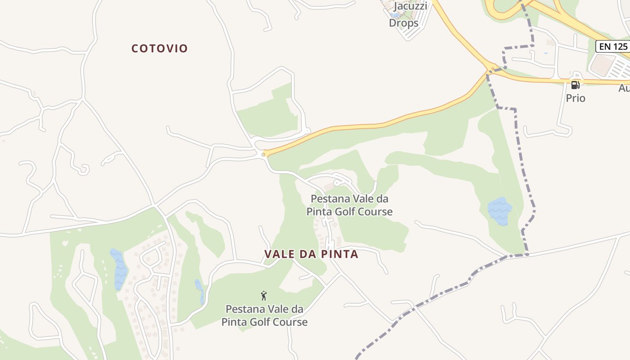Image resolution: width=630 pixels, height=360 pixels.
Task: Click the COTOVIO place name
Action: click(159, 49)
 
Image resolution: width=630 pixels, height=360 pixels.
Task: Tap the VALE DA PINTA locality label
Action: click(311, 254)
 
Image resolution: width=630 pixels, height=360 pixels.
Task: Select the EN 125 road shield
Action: click(612, 46)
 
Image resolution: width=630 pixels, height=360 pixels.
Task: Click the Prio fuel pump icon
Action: click(575, 85)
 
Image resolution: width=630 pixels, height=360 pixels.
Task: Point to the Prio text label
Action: click(576, 98)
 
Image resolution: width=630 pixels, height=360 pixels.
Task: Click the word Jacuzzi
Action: click(410, 7)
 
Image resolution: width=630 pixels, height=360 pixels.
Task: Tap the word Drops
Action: click(404, 23)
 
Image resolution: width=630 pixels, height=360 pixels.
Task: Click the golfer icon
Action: click(264, 296)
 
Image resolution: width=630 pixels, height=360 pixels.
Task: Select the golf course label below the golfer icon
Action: click(265, 315)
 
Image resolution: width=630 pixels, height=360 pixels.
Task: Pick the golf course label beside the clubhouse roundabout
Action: click(350, 205)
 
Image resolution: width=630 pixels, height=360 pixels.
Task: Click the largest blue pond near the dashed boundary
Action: click(499, 211)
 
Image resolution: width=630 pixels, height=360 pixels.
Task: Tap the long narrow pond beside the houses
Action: click(119, 269)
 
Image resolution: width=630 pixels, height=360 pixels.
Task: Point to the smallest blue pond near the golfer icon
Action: click(199, 290)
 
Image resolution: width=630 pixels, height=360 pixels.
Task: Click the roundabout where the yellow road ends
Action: click(263, 154)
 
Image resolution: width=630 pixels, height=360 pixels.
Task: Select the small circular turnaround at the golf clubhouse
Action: click(337, 183)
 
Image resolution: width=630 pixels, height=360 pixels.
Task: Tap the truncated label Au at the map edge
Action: click(624, 88)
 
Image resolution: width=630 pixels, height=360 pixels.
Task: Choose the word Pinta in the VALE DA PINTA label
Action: click(340, 254)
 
